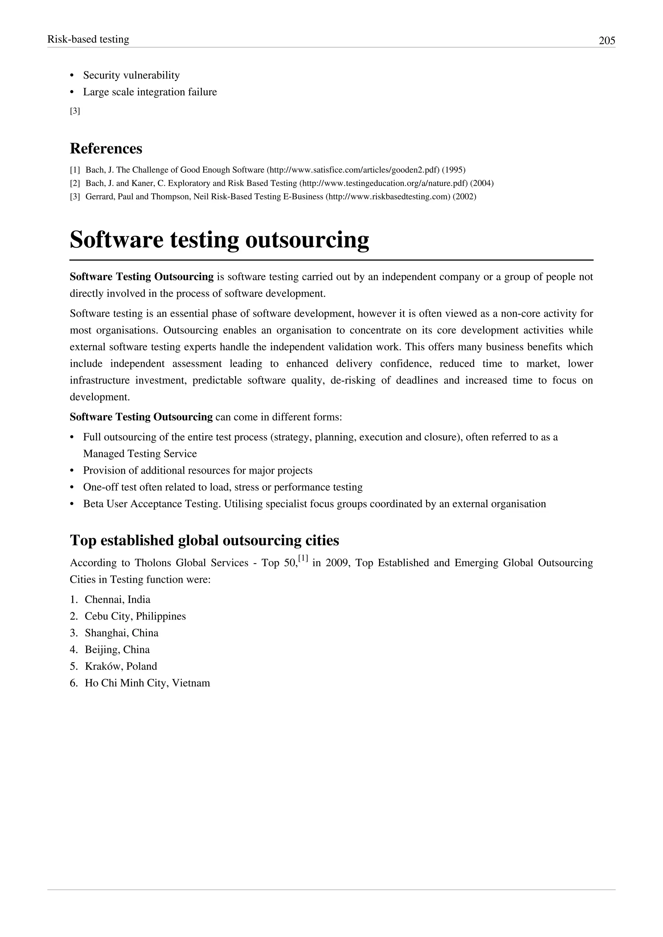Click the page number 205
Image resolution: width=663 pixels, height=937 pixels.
pos(607,40)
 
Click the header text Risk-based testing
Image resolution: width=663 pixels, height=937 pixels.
pos(88,39)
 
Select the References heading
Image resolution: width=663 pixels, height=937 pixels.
pos(106,149)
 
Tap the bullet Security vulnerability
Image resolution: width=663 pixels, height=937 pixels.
pos(131,75)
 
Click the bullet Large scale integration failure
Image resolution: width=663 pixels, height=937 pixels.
pos(150,92)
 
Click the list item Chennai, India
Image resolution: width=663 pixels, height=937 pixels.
pos(117,600)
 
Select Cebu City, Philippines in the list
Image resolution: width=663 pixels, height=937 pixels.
pos(135,616)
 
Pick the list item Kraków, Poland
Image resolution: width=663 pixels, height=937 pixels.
pos(121,667)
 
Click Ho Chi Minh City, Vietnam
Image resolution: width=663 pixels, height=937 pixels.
pos(147,683)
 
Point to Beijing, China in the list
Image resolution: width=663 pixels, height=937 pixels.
pos(117,650)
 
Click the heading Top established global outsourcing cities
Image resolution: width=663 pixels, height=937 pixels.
pos(204,540)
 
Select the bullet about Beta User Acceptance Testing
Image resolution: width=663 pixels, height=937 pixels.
pos(314,504)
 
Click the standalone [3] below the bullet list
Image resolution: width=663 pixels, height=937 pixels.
pos(75,111)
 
